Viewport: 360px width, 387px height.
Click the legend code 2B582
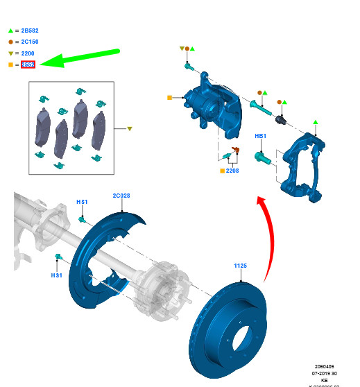click(x=31, y=31)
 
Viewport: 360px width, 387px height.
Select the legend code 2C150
click(x=31, y=42)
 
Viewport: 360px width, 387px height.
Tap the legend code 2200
click(x=28, y=53)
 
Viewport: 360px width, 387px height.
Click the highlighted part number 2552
click(x=28, y=64)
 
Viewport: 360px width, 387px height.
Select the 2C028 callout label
click(x=121, y=196)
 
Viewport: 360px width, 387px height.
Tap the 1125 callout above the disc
click(x=240, y=266)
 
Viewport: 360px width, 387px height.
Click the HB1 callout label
click(x=260, y=137)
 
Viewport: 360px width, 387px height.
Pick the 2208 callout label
click(x=232, y=171)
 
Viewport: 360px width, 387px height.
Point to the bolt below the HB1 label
click(x=262, y=158)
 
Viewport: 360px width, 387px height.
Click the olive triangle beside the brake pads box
click(x=129, y=129)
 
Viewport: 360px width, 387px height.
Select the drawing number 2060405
click(x=324, y=365)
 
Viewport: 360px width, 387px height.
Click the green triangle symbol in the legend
click(x=10, y=31)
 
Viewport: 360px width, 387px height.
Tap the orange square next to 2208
click(x=222, y=171)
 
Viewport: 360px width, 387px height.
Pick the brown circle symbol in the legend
click(x=10, y=42)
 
